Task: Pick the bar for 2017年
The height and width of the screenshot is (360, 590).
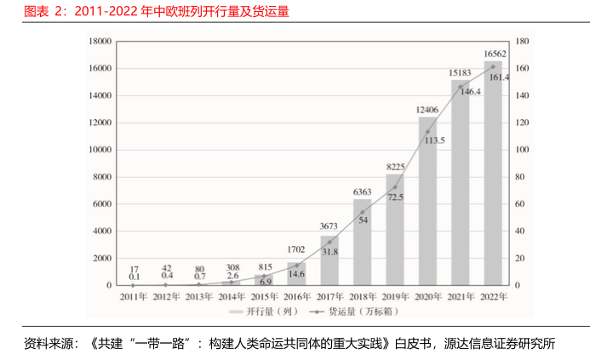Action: click(x=329, y=260)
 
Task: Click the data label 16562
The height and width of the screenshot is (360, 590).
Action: click(x=495, y=54)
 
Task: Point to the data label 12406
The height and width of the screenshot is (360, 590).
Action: click(x=427, y=110)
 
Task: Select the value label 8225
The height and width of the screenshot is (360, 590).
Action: click(x=395, y=167)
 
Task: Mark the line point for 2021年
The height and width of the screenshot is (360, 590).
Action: click(x=461, y=86)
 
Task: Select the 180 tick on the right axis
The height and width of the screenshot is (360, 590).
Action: click(x=523, y=41)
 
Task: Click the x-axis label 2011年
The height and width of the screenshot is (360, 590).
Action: click(x=134, y=297)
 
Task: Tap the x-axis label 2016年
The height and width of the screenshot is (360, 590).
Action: click(x=297, y=297)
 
